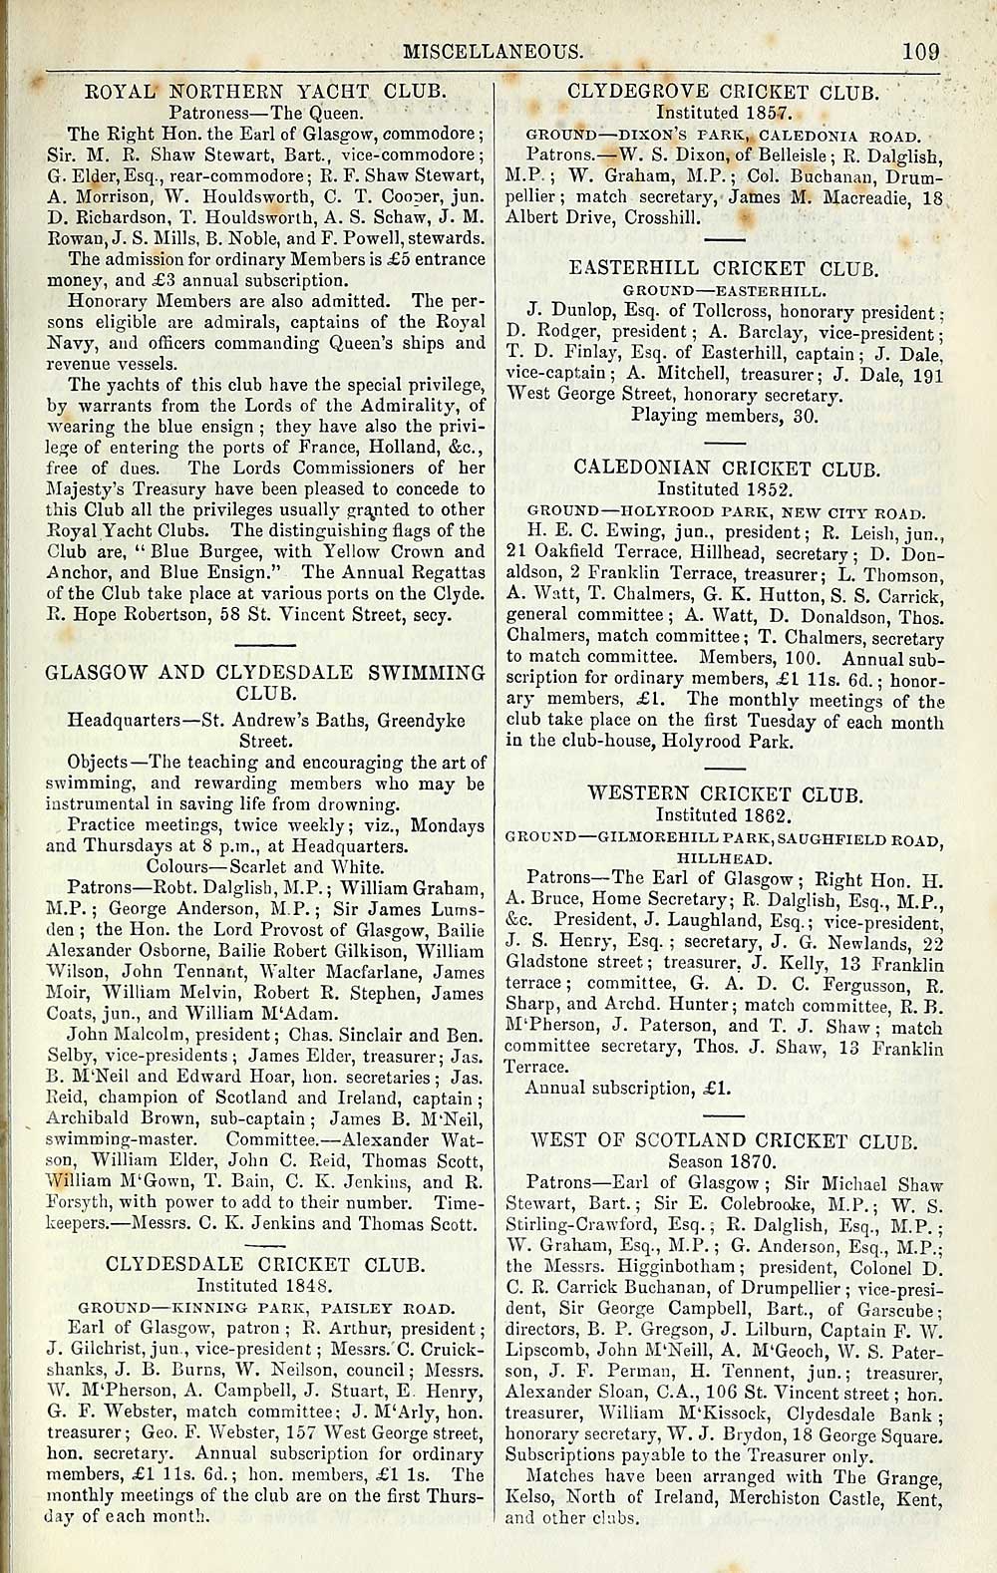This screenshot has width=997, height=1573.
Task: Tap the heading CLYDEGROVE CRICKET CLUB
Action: (x=723, y=93)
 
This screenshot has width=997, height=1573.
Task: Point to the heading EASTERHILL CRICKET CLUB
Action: (x=723, y=269)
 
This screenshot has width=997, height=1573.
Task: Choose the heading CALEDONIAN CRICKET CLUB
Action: (x=727, y=468)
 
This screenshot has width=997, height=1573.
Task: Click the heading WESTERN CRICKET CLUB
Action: (x=725, y=794)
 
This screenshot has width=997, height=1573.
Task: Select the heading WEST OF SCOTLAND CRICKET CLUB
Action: (x=725, y=1141)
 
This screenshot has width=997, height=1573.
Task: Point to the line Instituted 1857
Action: (x=723, y=113)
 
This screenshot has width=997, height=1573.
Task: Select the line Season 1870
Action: (x=724, y=1162)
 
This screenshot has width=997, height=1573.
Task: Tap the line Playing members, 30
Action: (x=725, y=415)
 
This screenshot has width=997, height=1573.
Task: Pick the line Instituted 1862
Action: (x=724, y=814)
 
